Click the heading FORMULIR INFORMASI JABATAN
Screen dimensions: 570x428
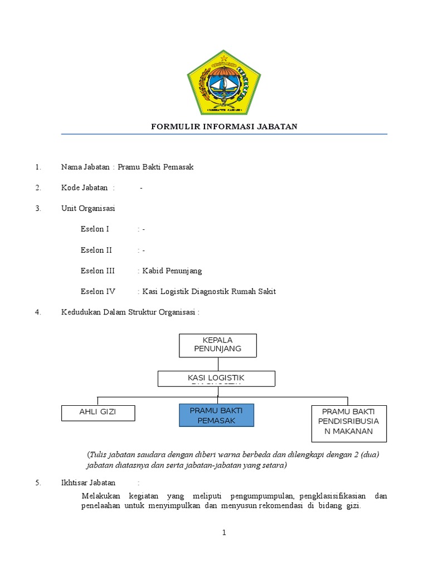click(x=224, y=126)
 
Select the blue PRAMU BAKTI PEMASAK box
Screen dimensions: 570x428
click(x=216, y=415)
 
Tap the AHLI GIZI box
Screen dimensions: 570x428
click(x=98, y=412)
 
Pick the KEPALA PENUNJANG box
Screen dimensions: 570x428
click(x=217, y=345)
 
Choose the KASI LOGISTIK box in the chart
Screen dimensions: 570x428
click(x=216, y=379)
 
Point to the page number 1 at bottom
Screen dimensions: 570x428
click(x=224, y=533)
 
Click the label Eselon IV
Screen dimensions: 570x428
click(x=98, y=291)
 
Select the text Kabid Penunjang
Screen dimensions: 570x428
click(x=172, y=271)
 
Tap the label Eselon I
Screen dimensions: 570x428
click(x=95, y=229)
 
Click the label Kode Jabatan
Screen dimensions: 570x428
click(x=85, y=188)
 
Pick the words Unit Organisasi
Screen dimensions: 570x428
click(x=88, y=208)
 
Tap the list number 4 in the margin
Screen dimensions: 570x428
click(x=38, y=312)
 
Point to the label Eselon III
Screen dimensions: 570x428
click(x=98, y=271)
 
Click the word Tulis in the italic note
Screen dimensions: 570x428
click(x=98, y=454)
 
